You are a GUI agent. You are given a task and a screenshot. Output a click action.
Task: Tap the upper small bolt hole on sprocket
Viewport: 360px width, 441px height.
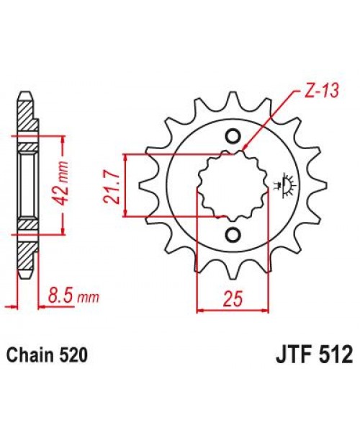click(233, 136)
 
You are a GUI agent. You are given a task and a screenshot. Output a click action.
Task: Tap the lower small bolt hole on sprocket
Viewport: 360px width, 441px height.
click(233, 235)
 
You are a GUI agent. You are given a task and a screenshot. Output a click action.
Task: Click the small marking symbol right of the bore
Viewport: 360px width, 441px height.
click(283, 185)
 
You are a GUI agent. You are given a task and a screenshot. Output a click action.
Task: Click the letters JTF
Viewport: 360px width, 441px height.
click(291, 356)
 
